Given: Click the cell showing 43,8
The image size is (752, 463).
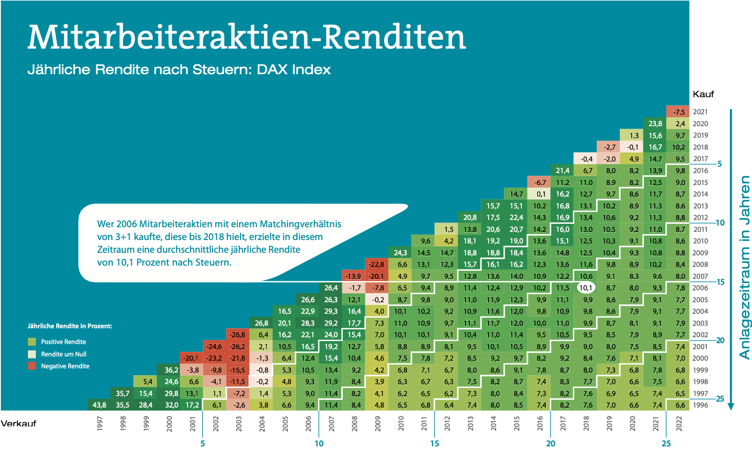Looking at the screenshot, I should tap(99, 405).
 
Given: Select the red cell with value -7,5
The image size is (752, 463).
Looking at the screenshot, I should tap(678, 112).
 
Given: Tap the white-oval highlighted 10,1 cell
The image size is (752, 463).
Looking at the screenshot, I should tap(586, 288).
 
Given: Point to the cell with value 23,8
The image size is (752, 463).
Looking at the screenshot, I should tap(655, 124).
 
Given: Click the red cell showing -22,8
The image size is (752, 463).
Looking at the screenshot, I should tap(376, 264).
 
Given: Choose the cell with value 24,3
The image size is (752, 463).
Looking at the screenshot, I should tap(400, 253).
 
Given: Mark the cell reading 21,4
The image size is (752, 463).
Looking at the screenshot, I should tap(562, 171).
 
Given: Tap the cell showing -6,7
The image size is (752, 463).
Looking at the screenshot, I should tap(539, 182).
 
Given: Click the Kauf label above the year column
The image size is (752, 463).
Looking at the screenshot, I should tap(703, 94).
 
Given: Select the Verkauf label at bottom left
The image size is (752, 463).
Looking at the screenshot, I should tap(18, 423).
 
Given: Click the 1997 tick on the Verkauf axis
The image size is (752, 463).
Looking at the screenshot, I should tap(100, 424).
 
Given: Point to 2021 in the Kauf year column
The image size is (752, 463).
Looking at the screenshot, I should tap(700, 112).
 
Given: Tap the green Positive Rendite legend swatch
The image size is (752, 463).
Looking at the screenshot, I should tap(32, 341).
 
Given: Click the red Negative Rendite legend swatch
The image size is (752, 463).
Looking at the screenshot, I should tap(32, 366).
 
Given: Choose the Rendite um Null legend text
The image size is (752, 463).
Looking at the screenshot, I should tap(64, 354).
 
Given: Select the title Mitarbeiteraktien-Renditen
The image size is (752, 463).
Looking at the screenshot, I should tap(247, 37).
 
